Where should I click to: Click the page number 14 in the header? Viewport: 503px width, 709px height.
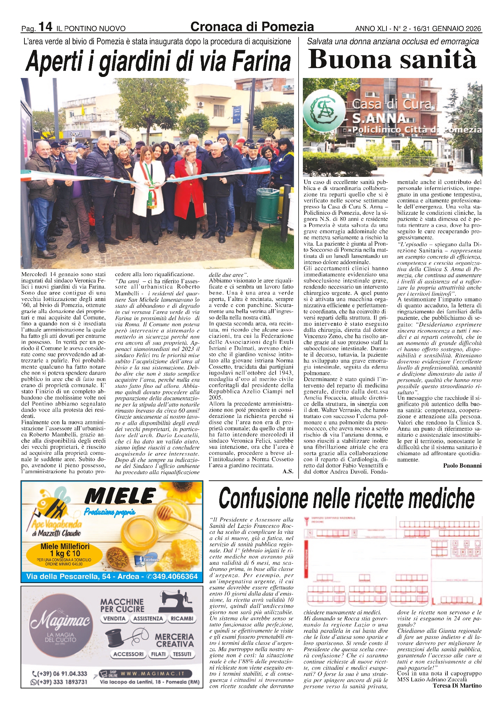pos(45,27)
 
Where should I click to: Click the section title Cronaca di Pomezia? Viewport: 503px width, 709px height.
pos(252,27)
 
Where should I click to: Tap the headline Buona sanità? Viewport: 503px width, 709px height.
pos(392,59)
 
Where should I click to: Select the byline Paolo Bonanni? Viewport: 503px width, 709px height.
pos(462,465)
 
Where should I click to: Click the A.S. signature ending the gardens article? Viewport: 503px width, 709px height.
pos(288,471)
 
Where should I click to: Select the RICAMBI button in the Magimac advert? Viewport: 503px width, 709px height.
pos(182,619)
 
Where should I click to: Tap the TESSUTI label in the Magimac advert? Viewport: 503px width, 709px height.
pos(182,654)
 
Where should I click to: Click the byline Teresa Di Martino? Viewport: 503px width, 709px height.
pos(457,686)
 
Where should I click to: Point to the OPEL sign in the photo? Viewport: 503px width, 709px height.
pos(77,134)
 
